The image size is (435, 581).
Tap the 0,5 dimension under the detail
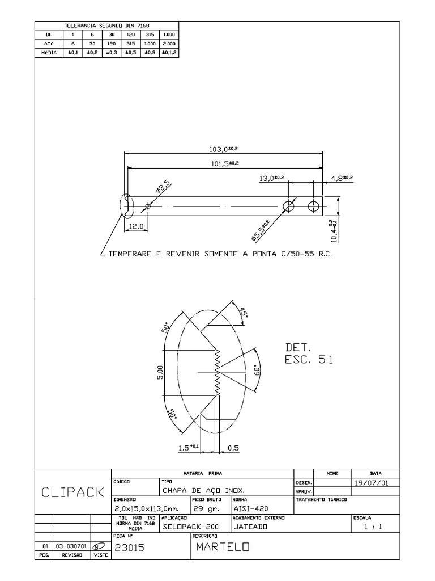click(233, 448)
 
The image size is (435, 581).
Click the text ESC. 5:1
click(309, 360)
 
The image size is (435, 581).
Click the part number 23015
click(130, 548)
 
